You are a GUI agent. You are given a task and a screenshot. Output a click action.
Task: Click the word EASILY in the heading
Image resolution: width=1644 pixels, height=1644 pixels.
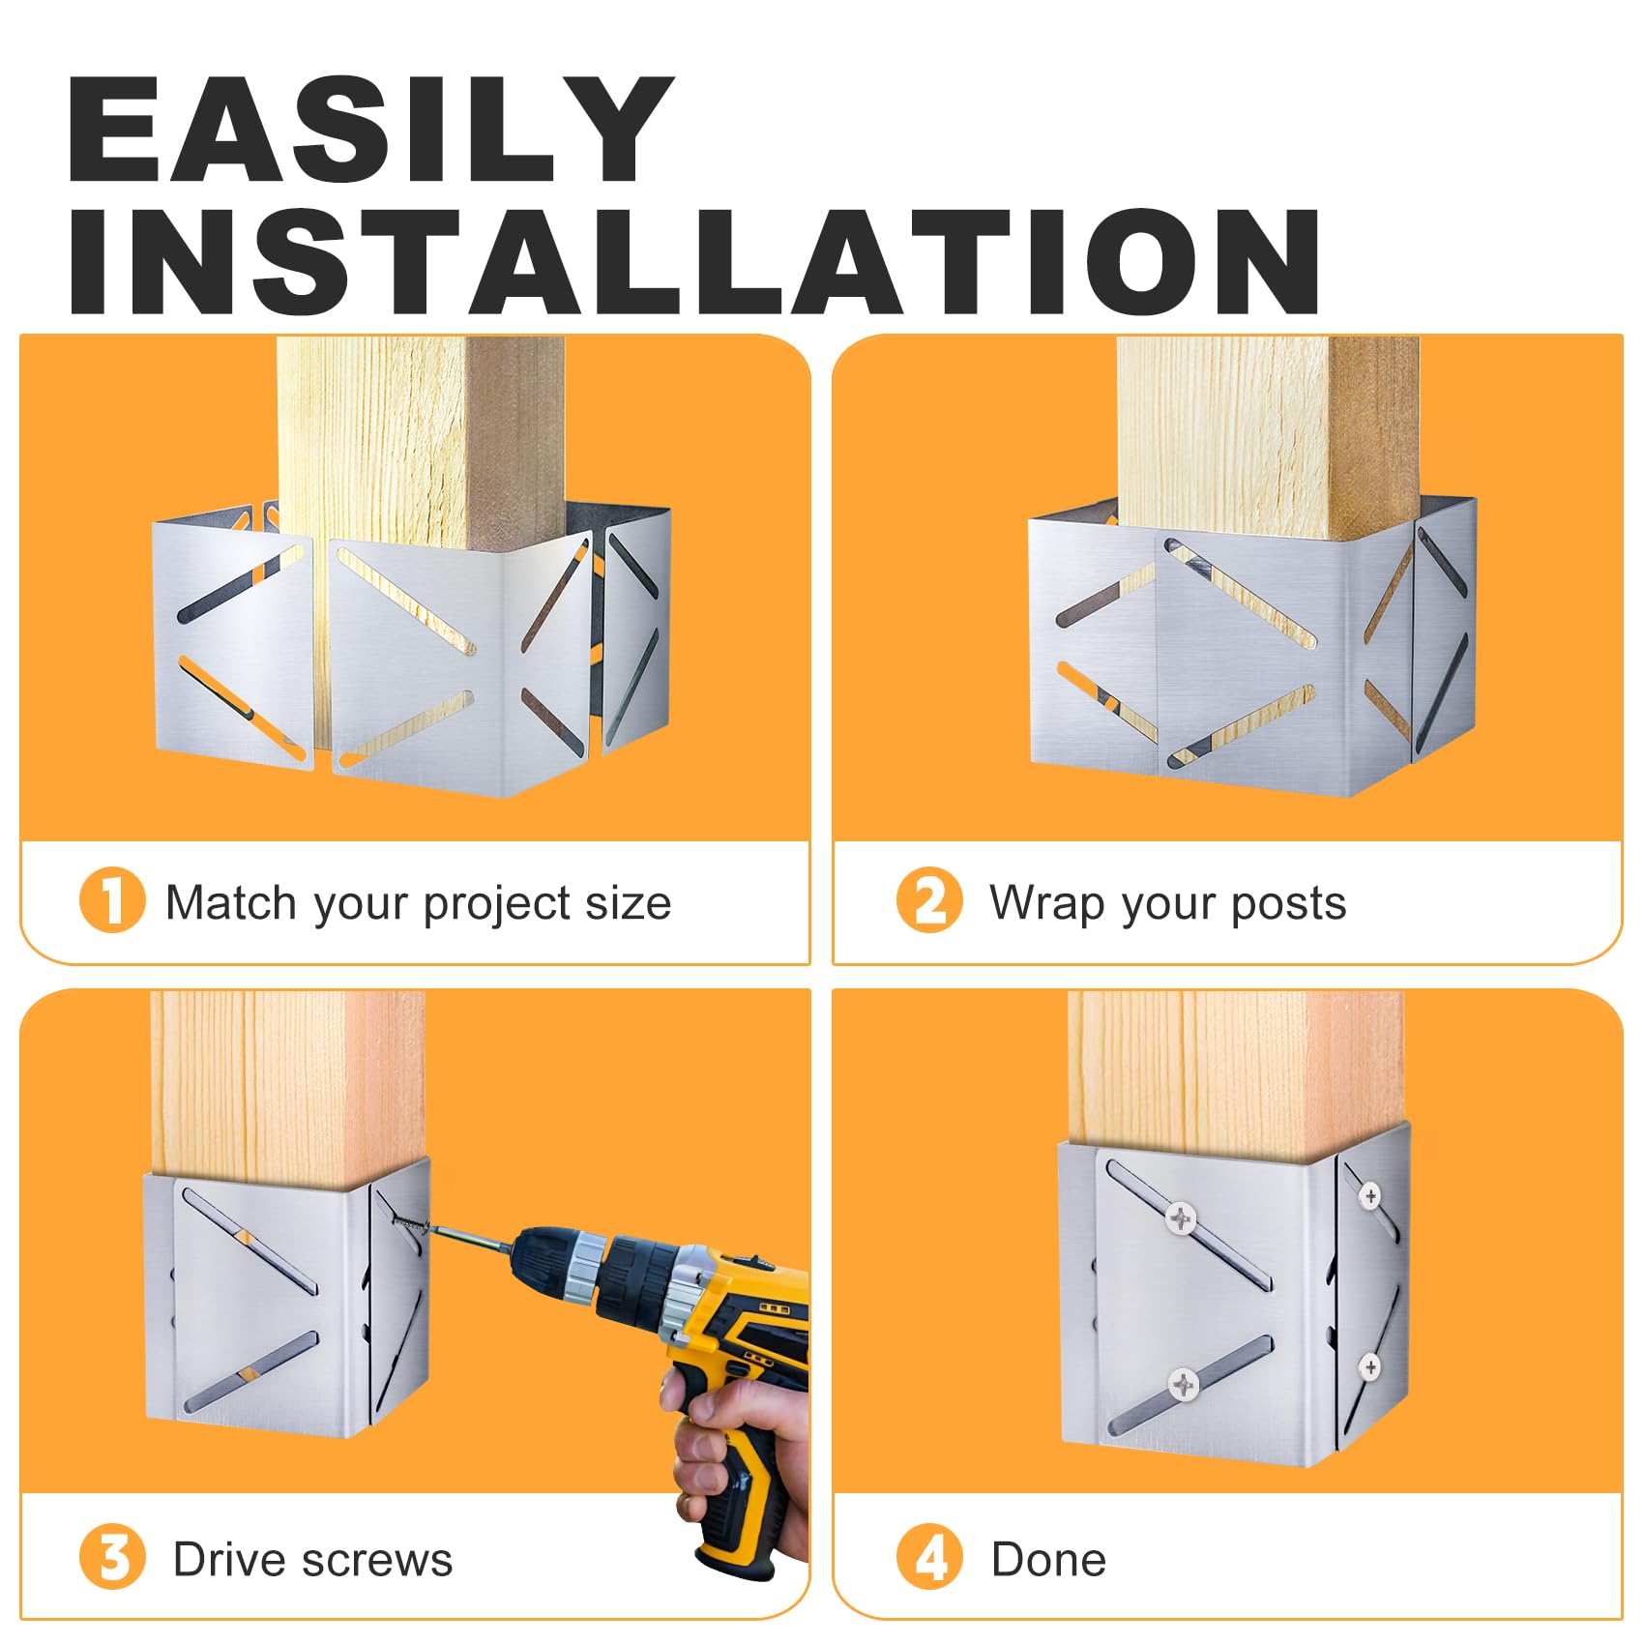[x=370, y=130]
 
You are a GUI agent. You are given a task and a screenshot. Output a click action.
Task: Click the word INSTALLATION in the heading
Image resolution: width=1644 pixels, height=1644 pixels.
[x=694, y=262]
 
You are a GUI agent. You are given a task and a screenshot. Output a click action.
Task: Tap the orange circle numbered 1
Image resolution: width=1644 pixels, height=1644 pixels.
[x=112, y=900]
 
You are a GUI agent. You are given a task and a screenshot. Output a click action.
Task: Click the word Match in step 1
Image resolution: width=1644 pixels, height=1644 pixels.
[x=231, y=902]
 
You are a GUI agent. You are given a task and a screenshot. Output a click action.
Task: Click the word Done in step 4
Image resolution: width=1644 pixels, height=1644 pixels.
[x=1049, y=1559]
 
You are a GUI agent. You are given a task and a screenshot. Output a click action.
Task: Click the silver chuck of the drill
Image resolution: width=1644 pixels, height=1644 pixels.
[x=585, y=1265]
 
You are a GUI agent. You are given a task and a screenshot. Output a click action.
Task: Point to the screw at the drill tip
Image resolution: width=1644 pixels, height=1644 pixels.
[x=412, y=1226]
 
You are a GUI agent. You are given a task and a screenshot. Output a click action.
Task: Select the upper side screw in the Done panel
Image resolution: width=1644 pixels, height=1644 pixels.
[x=1369, y=1197]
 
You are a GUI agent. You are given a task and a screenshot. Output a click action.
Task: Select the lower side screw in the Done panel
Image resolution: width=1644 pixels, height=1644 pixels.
[x=1369, y=1366]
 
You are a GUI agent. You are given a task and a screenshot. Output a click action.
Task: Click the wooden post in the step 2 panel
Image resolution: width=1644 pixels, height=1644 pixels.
[x=1267, y=435]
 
